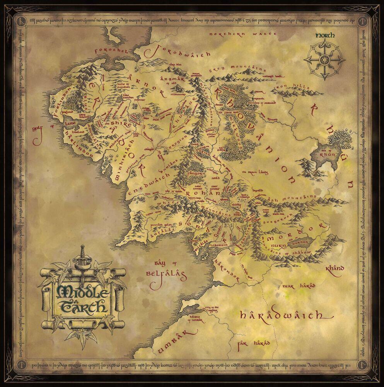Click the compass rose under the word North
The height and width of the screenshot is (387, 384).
click(324, 60)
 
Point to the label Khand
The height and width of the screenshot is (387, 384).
click(335, 268)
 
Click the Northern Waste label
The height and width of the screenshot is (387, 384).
click(242, 34)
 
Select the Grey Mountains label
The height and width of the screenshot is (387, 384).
click(237, 69)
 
